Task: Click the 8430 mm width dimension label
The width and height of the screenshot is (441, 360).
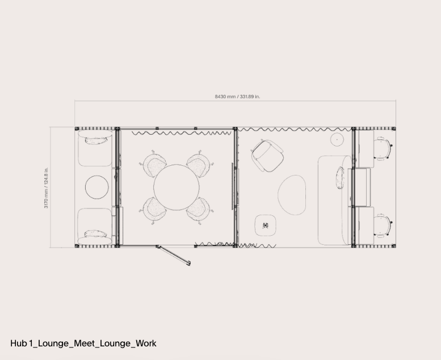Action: [237, 97]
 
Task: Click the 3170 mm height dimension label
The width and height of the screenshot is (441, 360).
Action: [46, 188]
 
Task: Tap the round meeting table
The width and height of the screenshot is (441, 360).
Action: [177, 187]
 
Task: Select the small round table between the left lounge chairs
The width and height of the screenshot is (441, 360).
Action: [96, 187]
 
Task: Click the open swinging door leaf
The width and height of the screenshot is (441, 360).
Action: [174, 256]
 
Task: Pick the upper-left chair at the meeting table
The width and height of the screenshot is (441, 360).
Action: [154, 164]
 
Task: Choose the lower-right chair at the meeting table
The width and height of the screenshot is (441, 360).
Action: [199, 210]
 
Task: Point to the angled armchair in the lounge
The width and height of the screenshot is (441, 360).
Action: [267, 156]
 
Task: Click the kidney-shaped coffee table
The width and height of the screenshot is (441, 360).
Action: [292, 195]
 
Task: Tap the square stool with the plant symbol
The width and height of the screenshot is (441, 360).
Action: [266, 225]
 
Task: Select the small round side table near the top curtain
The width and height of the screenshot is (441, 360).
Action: [337, 139]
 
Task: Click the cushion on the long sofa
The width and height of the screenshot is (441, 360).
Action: [340, 178]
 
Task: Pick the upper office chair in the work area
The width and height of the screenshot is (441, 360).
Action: [383, 148]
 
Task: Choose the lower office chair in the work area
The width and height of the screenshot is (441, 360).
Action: [383, 225]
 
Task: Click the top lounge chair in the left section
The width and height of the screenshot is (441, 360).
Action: [95, 148]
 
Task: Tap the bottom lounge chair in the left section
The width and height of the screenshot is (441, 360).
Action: [95, 227]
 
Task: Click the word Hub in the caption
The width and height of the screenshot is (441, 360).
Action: [19, 344]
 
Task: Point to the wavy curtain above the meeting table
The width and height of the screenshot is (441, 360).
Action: [182, 133]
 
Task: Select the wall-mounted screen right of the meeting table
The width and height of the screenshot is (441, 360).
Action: [233, 186]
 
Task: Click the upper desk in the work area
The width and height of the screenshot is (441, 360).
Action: [365, 149]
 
